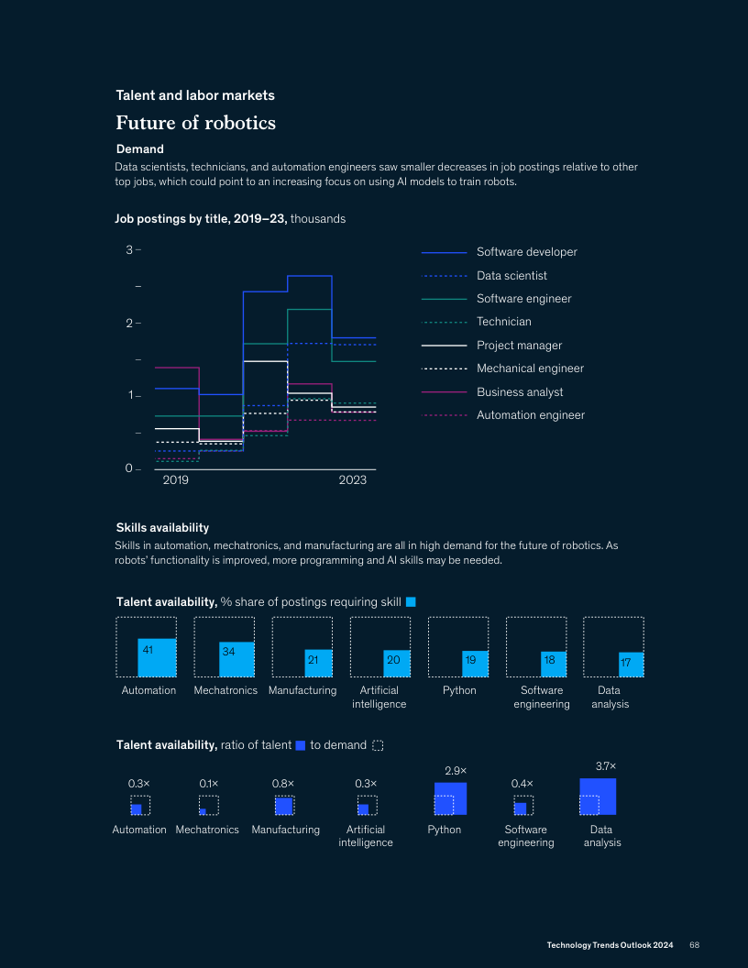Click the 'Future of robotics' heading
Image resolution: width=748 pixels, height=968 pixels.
195,123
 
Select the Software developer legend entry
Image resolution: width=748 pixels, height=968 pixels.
526,252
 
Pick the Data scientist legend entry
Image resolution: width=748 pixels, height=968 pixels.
511,276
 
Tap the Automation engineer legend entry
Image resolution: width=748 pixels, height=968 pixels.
530,415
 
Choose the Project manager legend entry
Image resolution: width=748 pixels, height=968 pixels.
519,346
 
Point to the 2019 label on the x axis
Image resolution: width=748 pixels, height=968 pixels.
175,480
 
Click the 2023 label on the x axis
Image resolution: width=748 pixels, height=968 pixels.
353,480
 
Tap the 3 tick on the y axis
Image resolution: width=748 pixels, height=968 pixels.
129,249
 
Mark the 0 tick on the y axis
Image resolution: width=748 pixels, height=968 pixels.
129,469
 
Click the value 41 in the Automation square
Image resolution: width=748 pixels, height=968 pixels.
147,649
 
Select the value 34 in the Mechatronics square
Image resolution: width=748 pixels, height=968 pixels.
228,652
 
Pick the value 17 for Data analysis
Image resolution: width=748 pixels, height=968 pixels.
625,662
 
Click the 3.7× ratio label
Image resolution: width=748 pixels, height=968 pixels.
606,765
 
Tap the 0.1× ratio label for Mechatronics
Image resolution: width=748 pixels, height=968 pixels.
209,784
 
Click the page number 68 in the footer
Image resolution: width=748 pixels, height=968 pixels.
695,945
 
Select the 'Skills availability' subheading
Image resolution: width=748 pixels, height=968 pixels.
162,527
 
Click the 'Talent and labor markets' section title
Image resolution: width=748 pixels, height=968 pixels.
195,95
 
